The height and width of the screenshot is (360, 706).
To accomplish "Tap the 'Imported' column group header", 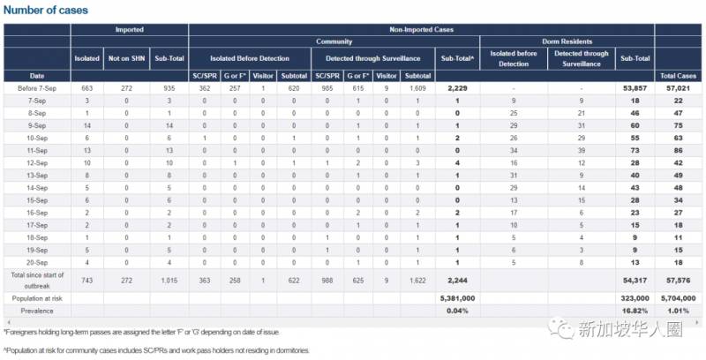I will coord(130,29).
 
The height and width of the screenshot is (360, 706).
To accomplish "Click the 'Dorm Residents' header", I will coord(567,41).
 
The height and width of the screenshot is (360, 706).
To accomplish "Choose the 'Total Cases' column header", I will coord(679,76).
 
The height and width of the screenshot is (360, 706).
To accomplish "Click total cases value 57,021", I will coord(679,88).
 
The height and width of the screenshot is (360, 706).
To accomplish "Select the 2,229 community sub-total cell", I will coord(456,88).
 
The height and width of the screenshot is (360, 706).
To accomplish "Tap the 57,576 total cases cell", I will coord(679,281).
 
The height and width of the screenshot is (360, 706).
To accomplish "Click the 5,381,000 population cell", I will coord(456,299).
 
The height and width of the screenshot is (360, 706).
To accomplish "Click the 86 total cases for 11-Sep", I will coord(679,151).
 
